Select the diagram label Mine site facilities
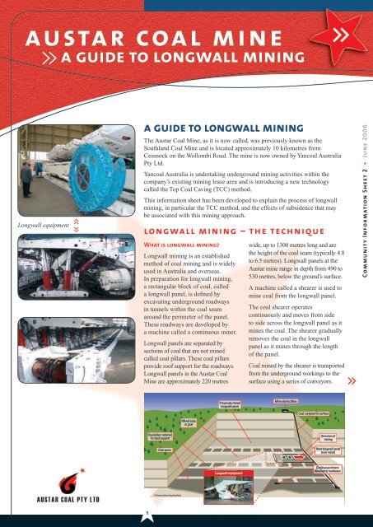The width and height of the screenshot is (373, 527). [x=290, y=401]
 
